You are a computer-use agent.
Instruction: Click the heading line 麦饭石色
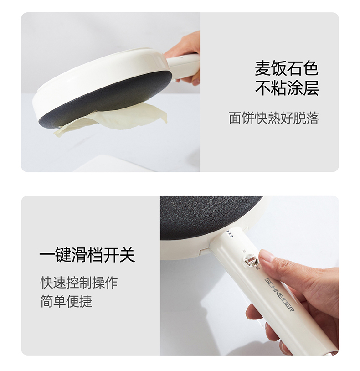286,68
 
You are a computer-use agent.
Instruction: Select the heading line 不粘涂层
286,88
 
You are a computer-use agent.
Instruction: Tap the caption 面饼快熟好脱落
274,118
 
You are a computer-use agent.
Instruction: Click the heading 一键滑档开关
87,255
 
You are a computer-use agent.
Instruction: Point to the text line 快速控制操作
79,283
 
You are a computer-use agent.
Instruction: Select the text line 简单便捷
66,301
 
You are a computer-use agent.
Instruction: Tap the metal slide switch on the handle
251,261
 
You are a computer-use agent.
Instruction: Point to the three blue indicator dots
229,234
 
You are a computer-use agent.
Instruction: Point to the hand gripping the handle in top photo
185,58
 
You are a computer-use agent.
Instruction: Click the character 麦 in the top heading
262,68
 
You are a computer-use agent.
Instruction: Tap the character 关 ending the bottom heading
127,255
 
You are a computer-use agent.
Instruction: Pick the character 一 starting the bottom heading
47,255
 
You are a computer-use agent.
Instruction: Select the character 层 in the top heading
311,88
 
